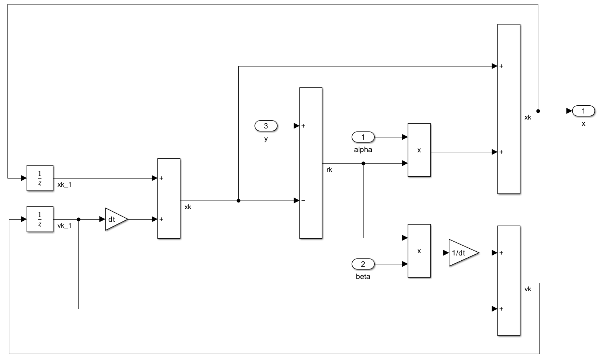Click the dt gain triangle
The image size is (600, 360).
pyautogui.click(x=115, y=219)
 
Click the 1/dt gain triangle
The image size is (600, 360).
pyautogui.click(x=461, y=253)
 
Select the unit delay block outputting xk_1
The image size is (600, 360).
pyautogui.click(x=40, y=178)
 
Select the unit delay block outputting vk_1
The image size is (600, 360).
pyautogui.click(x=40, y=219)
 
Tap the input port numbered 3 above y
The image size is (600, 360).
pyautogui.click(x=266, y=126)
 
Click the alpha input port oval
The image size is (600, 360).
pyautogui.click(x=363, y=137)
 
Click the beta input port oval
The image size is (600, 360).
pyautogui.click(x=363, y=264)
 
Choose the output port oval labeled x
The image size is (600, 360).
pyautogui.click(x=584, y=111)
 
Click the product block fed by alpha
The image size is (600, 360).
pyautogui.click(x=419, y=150)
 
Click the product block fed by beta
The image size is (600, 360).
pyautogui.click(x=419, y=251)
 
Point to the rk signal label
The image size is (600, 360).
pyautogui.click(x=329, y=170)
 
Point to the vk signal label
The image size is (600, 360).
pyautogui.click(x=528, y=289)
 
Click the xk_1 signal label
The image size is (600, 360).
pyautogui.click(x=64, y=184)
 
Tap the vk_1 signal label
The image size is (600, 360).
pyautogui.click(x=64, y=226)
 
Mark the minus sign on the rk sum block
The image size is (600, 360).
pyautogui.click(x=303, y=201)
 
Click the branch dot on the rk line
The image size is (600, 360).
pyautogui.click(x=363, y=163)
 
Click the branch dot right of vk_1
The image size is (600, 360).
pyautogui.click(x=79, y=219)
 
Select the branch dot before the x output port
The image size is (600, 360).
pyautogui.click(x=538, y=111)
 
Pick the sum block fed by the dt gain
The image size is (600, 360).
pyautogui.click(x=169, y=198)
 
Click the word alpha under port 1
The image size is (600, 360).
pyautogui.click(x=363, y=150)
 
